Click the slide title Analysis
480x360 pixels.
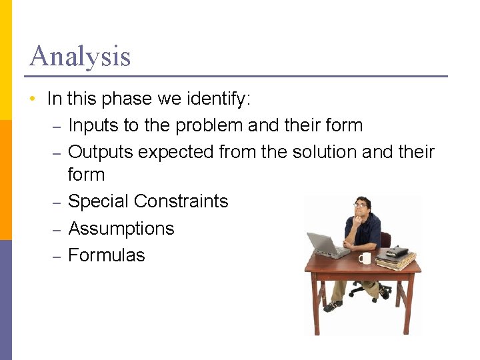80,56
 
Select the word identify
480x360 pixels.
218,99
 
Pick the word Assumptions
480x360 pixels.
121,229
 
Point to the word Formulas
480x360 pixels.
107,255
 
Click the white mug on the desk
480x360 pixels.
364,257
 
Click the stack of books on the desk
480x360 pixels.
396,258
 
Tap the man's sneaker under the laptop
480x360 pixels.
331,306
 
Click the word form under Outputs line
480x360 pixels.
86,175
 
